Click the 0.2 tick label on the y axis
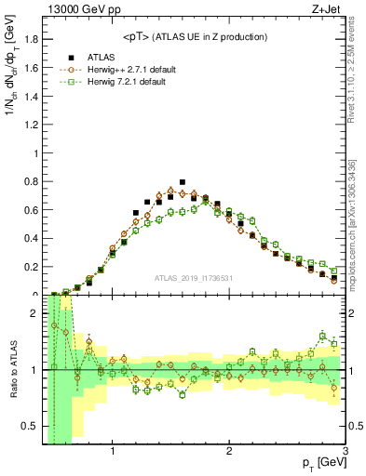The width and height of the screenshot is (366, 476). (30, 266)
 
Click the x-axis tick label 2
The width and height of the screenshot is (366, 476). (229, 453)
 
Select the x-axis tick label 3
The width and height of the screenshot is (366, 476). (345, 453)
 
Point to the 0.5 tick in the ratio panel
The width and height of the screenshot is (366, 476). (30, 428)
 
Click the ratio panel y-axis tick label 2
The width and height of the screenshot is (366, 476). (34, 313)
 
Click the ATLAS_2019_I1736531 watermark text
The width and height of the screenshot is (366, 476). (194, 277)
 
